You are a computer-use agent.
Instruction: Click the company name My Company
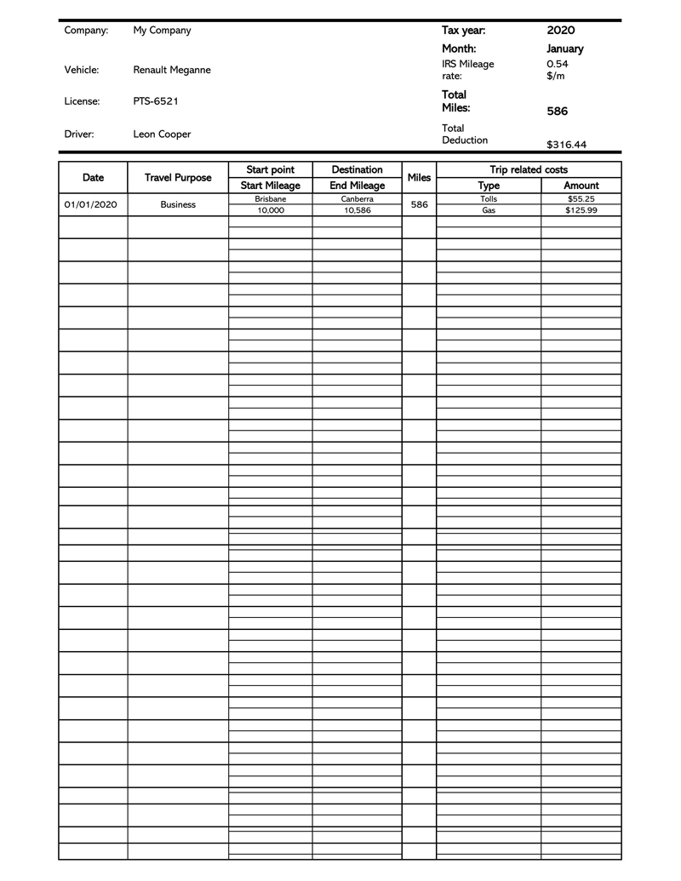click(x=162, y=31)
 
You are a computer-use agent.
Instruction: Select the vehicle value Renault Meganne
click(x=172, y=70)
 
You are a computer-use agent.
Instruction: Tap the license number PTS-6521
click(x=156, y=101)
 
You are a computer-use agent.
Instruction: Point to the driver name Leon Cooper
click(x=162, y=134)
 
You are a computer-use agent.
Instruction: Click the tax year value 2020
click(x=561, y=31)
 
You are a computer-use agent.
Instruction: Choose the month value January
click(x=564, y=49)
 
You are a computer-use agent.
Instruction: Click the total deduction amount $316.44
click(x=566, y=145)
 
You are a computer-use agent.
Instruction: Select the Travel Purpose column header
click(x=178, y=178)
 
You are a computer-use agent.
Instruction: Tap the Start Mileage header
click(x=271, y=186)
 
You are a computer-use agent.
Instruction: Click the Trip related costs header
click(x=529, y=170)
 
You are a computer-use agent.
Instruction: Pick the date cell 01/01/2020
click(x=90, y=205)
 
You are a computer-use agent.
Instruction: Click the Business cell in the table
click(x=178, y=205)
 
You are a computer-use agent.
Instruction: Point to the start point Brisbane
click(x=271, y=199)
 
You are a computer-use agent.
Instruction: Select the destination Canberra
click(x=358, y=199)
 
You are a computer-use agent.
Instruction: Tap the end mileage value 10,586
click(x=358, y=210)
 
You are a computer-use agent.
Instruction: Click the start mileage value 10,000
click(x=271, y=210)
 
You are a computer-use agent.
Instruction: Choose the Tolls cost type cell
click(x=489, y=199)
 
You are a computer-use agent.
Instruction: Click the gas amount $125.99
click(x=581, y=210)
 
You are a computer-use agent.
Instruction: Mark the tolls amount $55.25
click(x=581, y=199)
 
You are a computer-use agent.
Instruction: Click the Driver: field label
click(x=79, y=134)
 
